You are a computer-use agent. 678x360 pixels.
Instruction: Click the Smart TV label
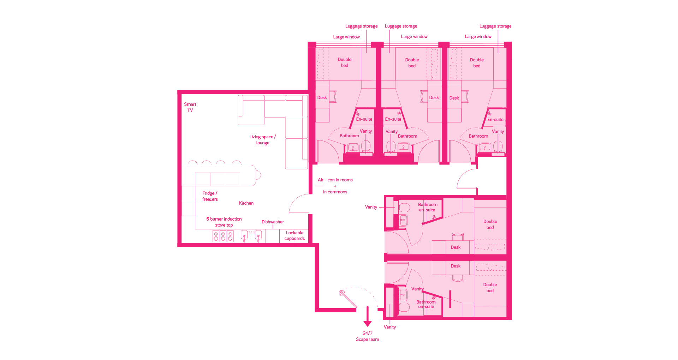click(x=190, y=107)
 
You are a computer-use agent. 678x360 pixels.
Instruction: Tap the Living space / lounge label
click(x=262, y=140)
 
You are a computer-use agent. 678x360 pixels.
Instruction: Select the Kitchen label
click(x=246, y=203)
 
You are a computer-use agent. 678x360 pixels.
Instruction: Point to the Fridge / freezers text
click(x=210, y=196)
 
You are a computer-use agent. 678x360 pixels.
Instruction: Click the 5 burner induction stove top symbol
click(x=223, y=236)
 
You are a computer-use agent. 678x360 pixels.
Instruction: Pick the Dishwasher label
click(x=273, y=222)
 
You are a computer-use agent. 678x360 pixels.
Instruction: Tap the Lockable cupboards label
click(x=295, y=236)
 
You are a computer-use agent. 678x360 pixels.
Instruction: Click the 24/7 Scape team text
click(x=367, y=336)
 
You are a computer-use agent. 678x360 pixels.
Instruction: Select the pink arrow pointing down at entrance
click(x=368, y=316)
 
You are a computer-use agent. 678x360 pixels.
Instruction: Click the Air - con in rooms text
click(x=335, y=180)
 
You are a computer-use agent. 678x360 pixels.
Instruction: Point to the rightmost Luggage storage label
click(x=495, y=26)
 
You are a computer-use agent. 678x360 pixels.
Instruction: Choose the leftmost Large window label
click(x=346, y=37)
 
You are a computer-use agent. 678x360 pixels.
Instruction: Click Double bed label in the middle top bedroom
click(x=412, y=63)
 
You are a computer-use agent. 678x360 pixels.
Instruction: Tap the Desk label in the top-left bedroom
click(x=322, y=98)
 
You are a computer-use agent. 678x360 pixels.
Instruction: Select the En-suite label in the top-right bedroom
click(x=495, y=120)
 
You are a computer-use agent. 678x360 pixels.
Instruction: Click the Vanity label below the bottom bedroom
click(x=390, y=327)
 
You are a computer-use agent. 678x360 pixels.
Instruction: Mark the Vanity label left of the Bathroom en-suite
click(x=371, y=207)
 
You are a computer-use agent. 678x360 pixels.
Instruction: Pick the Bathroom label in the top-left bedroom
click(x=349, y=136)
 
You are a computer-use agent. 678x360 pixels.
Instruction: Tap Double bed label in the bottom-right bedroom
click(x=490, y=288)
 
